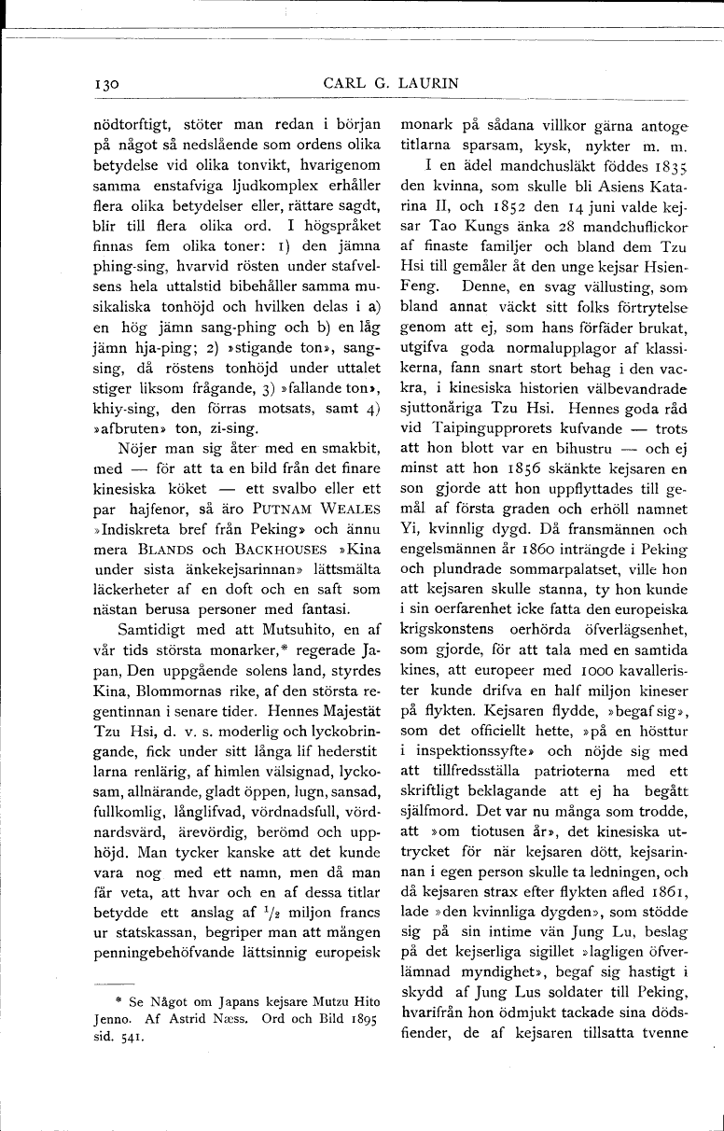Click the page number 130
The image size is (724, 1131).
point(107,84)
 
